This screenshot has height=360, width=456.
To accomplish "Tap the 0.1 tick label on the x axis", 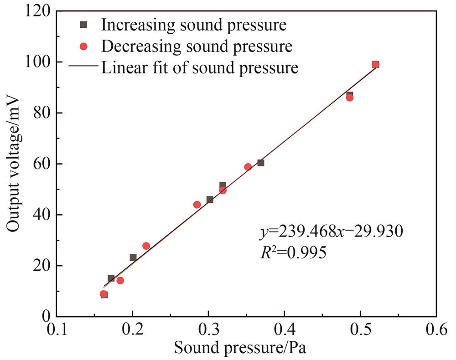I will tap(56, 329).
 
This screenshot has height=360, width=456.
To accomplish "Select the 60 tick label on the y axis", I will tap(42, 164).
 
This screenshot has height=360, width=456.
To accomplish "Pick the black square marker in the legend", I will tap(83, 25).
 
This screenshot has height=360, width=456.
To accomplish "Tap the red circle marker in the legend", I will tap(83, 46).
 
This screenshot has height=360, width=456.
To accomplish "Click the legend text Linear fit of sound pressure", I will tap(200, 68).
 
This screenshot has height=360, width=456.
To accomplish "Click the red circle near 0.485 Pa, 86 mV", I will tap(350, 98).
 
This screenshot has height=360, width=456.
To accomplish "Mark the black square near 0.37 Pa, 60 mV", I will tap(261, 163).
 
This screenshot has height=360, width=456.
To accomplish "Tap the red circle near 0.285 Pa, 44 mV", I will tap(197, 205).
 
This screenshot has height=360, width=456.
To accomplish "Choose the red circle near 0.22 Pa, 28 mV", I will tap(146, 246).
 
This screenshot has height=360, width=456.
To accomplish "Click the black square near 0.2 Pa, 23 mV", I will tap(133, 257).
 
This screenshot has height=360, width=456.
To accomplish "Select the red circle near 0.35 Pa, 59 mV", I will tap(248, 167).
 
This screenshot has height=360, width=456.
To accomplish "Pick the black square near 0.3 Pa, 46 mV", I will tap(210, 200).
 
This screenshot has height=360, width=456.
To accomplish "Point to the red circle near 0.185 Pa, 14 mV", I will tap(120, 281).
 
